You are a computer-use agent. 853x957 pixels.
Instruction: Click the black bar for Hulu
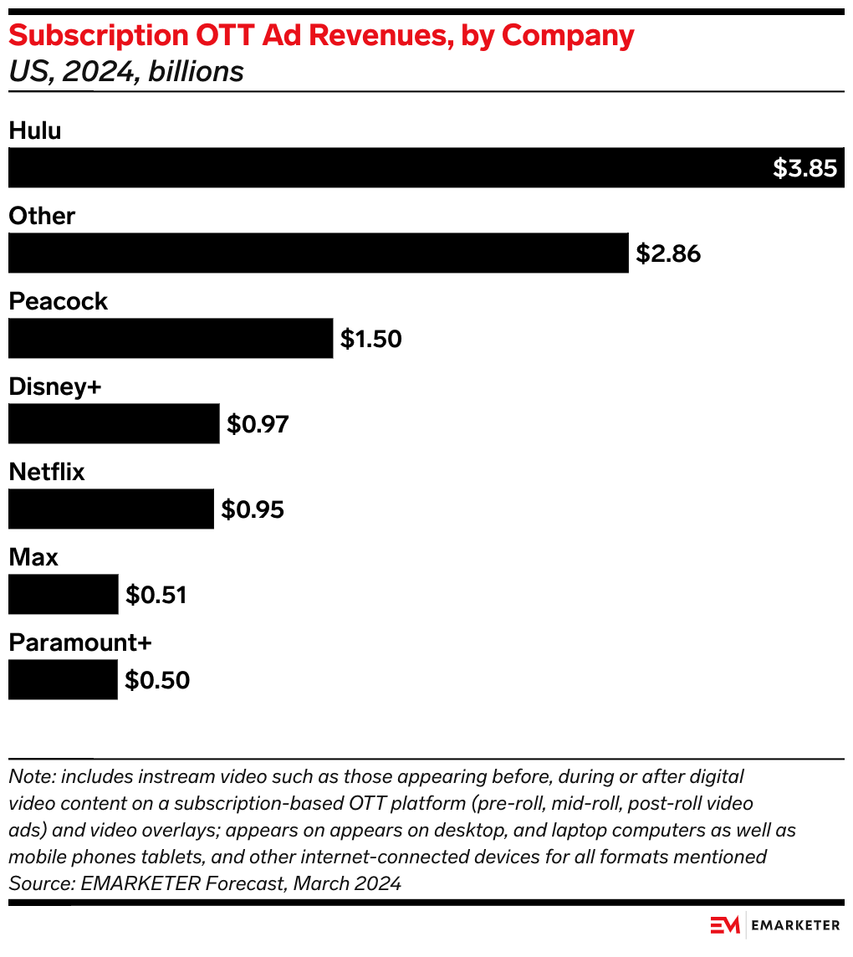[385, 167]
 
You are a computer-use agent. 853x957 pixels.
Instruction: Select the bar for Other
[318, 253]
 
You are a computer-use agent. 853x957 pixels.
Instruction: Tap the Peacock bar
[171, 338]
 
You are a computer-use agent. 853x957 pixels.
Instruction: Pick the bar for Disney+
[114, 423]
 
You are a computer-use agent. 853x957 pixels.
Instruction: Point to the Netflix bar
[111, 509]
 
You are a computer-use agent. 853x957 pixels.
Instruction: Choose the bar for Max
[64, 594]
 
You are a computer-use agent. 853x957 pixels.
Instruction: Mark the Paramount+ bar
[63, 679]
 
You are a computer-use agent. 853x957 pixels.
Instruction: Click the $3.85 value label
[804, 168]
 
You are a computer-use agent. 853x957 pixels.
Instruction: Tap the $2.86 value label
[668, 253]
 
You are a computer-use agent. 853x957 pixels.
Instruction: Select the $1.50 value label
[371, 339]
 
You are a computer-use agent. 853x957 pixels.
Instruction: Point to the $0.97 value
[258, 424]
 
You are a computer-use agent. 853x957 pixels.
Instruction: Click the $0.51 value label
[156, 595]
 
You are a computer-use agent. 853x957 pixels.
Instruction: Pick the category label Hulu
[35, 130]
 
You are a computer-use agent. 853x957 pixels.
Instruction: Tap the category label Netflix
[47, 472]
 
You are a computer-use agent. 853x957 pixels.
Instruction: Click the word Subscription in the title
[91, 36]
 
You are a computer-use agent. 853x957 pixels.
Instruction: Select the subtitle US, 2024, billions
[125, 72]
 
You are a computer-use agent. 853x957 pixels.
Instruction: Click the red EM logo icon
[725, 925]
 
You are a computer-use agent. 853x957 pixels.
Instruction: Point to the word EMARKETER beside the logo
[795, 925]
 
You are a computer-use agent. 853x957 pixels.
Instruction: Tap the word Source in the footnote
[36, 883]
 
